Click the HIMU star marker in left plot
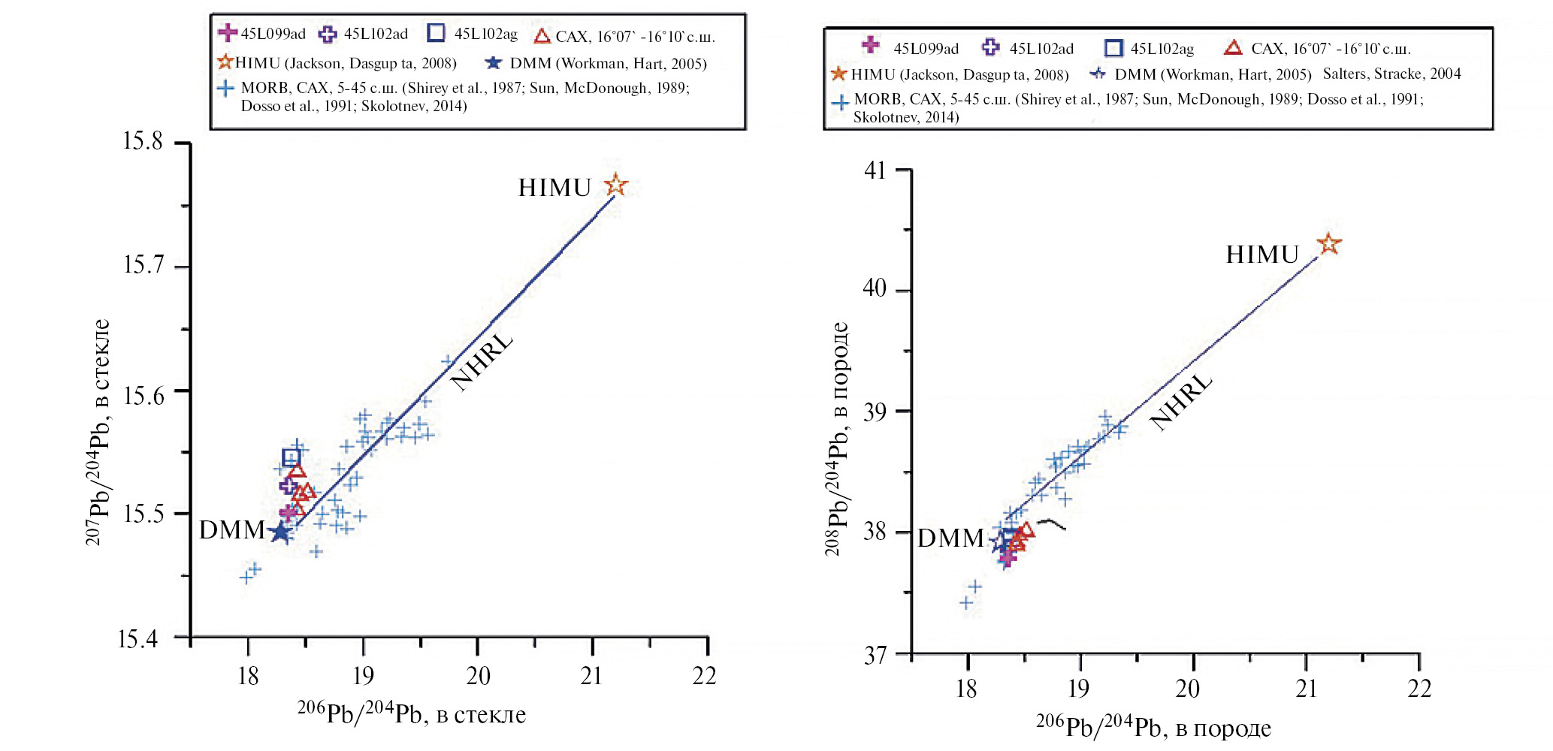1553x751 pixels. (x=615, y=185)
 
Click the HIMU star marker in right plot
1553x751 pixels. (x=1328, y=244)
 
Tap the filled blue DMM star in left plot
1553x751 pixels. (x=279, y=532)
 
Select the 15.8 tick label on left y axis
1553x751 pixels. (x=143, y=141)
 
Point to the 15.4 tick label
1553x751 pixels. (x=138, y=639)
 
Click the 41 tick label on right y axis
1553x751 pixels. (x=875, y=170)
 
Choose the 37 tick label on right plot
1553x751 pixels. (x=875, y=656)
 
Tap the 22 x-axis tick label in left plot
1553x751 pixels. (x=704, y=676)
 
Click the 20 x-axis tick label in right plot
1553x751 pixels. (x=1187, y=688)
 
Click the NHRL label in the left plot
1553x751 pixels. (x=482, y=361)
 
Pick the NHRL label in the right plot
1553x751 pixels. (x=1180, y=402)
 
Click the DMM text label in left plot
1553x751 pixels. (x=231, y=530)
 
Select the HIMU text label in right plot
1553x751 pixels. (x=1262, y=255)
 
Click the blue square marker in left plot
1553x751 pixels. (x=291, y=457)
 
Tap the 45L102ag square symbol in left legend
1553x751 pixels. (x=436, y=33)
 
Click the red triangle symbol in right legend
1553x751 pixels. (x=1233, y=48)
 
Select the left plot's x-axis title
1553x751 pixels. (x=412, y=713)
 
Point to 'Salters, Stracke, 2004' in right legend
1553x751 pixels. (x=1391, y=74)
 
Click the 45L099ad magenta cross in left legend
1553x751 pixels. (x=227, y=33)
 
